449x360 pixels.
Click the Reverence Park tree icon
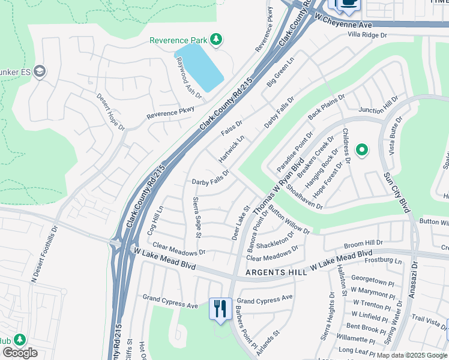(x=216, y=40)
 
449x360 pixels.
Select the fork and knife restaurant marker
(x=220, y=309)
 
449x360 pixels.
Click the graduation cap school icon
(x=40, y=71)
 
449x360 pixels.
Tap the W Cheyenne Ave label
(x=343, y=23)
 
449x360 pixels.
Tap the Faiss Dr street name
(x=231, y=128)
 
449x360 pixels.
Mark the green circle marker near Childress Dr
(x=362, y=150)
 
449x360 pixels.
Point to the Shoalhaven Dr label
(x=304, y=196)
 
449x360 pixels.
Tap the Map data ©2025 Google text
(x=412, y=355)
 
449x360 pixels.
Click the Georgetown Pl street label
(x=373, y=279)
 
